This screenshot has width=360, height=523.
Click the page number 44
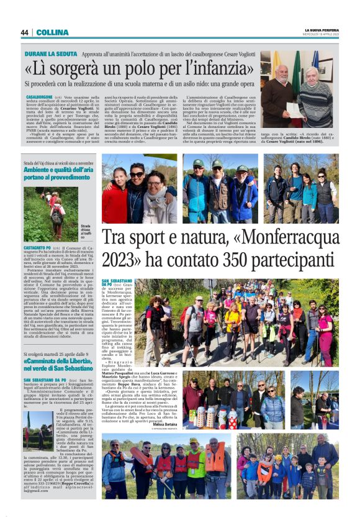click(x=24, y=32)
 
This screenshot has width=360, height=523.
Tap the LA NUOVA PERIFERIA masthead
click(x=322, y=30)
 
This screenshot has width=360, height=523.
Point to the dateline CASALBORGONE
click(x=39, y=98)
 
